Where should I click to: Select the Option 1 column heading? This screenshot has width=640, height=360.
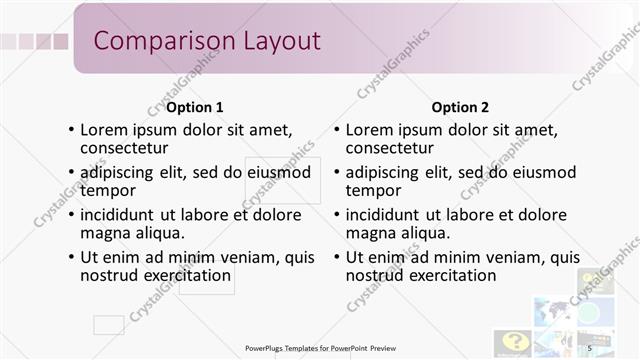194,107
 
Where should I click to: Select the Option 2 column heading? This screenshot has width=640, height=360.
460,107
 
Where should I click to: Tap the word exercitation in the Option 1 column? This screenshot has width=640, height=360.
187,275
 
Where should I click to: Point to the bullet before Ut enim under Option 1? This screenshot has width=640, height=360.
71,258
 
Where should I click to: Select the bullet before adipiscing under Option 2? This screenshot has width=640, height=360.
337,173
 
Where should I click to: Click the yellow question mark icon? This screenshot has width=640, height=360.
514,341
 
